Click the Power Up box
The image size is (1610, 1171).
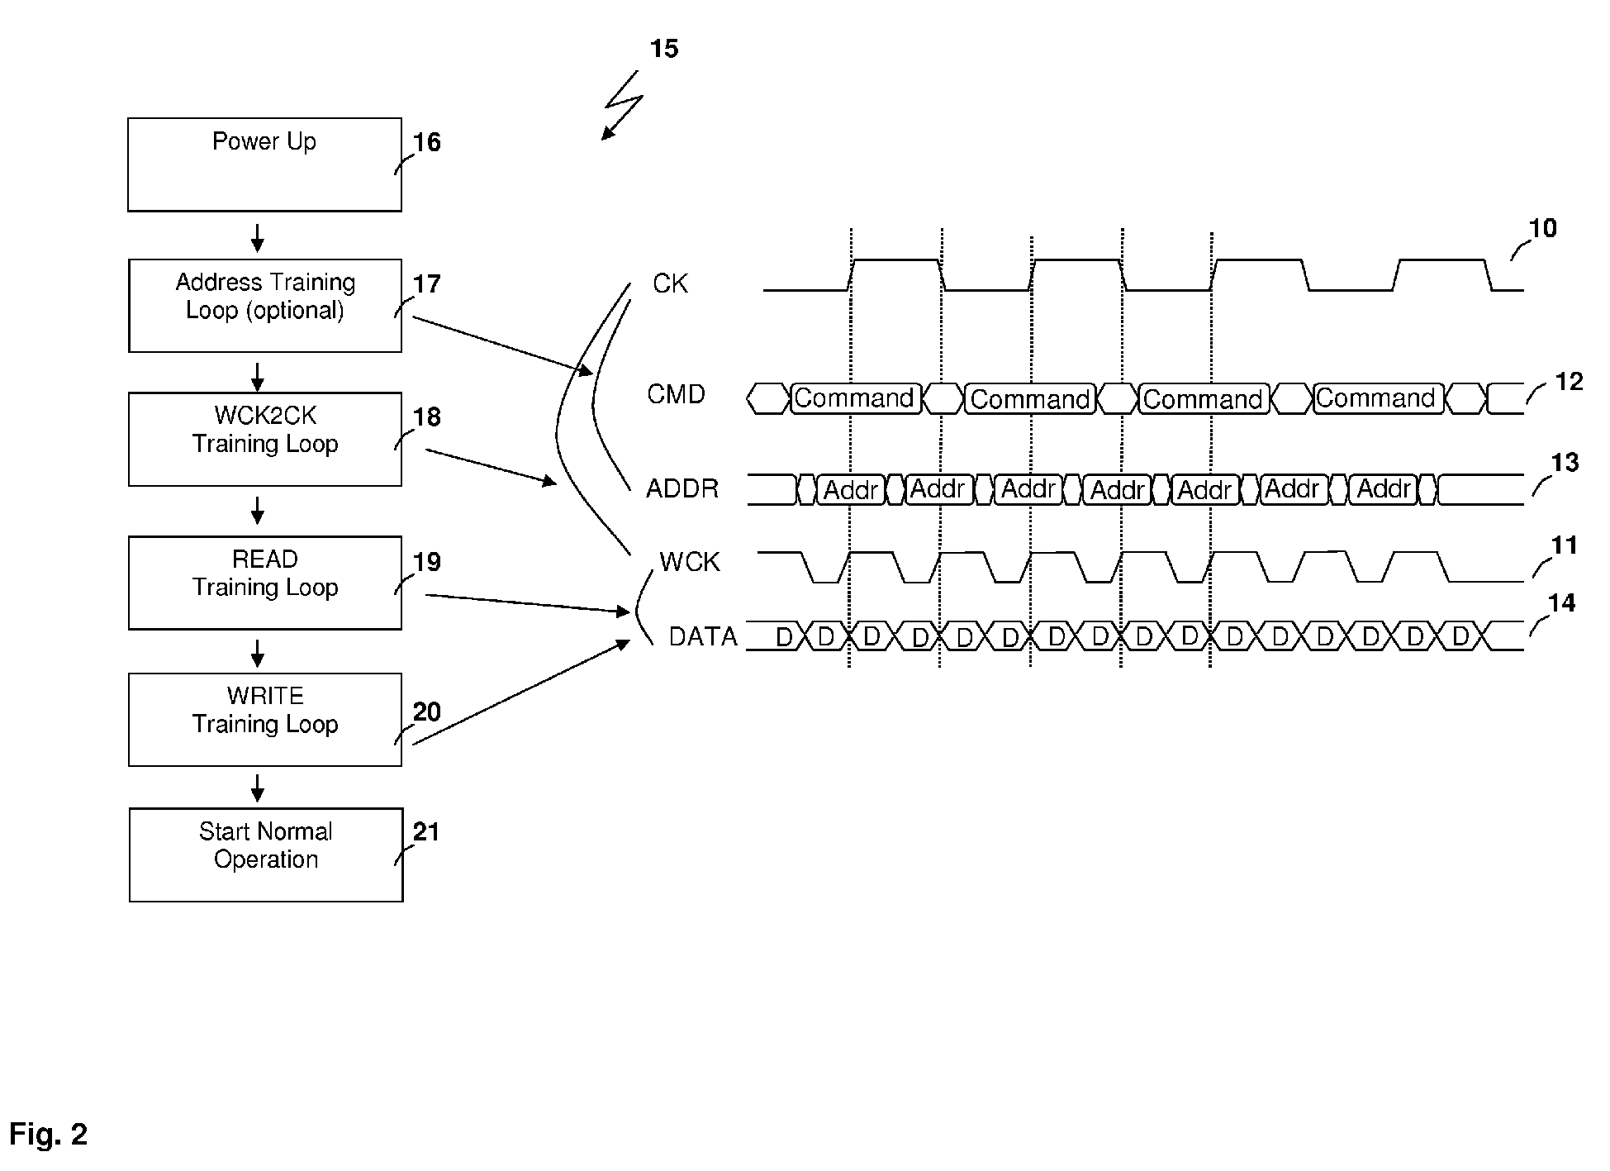[264, 164]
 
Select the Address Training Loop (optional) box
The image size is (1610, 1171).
[264, 306]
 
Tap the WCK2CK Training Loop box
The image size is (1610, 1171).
[264, 439]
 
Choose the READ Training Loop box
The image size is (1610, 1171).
[264, 583]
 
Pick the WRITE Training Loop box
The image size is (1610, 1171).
[264, 719]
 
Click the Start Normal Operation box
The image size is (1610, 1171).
[265, 854]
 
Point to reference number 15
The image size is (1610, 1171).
[663, 50]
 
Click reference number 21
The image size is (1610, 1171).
[426, 832]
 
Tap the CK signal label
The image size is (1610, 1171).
[669, 284]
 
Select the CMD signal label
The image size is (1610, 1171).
[676, 394]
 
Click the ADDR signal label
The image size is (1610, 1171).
[682, 488]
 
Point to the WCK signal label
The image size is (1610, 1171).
[690, 562]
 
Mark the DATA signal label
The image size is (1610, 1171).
[702, 636]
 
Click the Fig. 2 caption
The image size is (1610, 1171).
[48, 1134]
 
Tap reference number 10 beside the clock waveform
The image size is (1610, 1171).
[1542, 229]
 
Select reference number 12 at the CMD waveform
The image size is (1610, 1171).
[1569, 382]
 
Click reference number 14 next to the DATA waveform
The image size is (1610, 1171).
[1561, 604]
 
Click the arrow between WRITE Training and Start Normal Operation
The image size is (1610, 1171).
[258, 788]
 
